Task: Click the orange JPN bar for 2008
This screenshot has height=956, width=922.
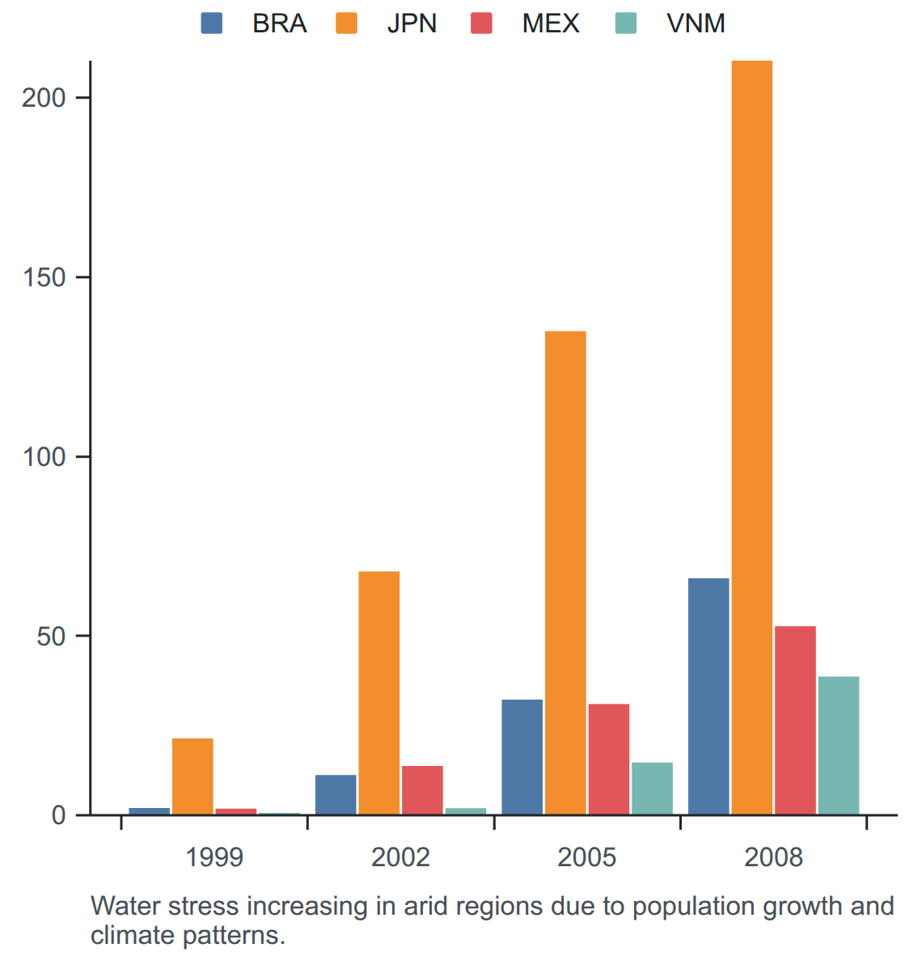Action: tap(752, 437)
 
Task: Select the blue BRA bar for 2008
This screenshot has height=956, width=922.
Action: tap(708, 696)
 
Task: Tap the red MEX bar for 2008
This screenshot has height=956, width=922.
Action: tap(795, 720)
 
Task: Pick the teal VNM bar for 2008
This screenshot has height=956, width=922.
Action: tap(839, 745)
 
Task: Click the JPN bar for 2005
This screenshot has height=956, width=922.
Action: tap(565, 573)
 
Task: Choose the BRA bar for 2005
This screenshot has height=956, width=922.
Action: tap(522, 756)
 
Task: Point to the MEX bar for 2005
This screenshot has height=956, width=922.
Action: tap(608, 759)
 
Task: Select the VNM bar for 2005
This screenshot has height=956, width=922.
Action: tap(652, 789)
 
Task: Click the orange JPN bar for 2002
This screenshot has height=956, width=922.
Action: tap(379, 692)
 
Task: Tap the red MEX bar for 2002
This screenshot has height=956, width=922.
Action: tap(422, 790)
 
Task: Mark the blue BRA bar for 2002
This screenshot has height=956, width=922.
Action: tap(336, 794)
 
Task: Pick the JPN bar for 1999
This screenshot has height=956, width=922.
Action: tap(192, 776)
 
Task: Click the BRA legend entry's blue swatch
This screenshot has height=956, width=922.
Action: tap(212, 23)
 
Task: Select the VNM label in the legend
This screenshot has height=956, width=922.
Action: tap(696, 23)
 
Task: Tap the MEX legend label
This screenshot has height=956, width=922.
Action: tap(551, 23)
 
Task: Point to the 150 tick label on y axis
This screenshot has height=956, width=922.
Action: tap(44, 277)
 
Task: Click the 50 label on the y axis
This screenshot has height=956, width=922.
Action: tap(51, 637)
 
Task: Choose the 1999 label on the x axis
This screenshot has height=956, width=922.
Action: tap(214, 857)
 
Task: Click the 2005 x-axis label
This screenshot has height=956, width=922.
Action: tap(586, 857)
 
